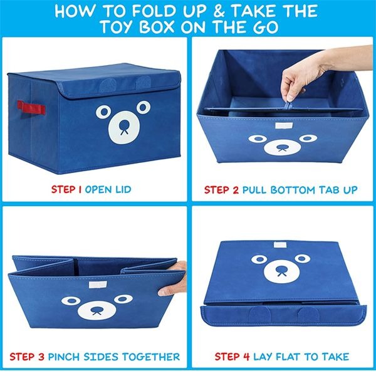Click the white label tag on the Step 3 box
[x=96, y=288]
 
